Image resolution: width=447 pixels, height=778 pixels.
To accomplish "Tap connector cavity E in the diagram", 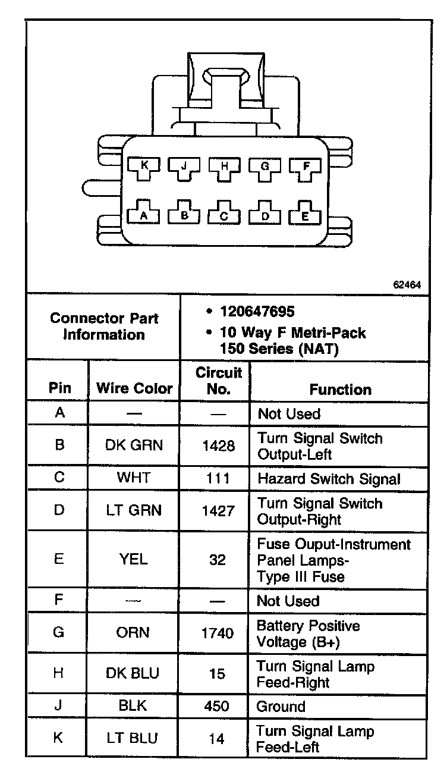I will [x=305, y=215].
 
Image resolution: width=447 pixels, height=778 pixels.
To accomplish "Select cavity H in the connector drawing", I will [x=224, y=167].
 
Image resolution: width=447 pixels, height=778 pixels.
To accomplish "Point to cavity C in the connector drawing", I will [x=224, y=215].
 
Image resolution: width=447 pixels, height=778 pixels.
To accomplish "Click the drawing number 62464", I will [x=407, y=285].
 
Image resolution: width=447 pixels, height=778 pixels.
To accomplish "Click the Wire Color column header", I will [x=134, y=389].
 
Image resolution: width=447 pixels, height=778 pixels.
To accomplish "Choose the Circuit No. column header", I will [x=219, y=381].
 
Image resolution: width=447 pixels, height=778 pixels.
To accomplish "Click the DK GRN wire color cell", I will [x=134, y=446].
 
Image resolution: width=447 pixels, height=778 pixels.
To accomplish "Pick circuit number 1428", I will [x=218, y=446].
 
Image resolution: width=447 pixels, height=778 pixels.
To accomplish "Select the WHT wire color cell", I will [x=134, y=478].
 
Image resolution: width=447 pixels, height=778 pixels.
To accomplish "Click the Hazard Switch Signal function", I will [x=329, y=478].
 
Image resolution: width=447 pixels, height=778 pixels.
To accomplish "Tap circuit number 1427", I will [x=218, y=511].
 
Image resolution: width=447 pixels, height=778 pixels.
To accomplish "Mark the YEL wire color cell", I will [x=134, y=560].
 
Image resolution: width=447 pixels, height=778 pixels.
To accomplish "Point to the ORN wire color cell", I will [x=134, y=633].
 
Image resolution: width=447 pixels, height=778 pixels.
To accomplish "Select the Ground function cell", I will [x=281, y=707].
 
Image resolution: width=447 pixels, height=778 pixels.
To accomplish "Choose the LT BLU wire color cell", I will [x=133, y=738].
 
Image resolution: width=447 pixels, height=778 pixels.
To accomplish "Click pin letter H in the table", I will [x=59, y=673].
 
